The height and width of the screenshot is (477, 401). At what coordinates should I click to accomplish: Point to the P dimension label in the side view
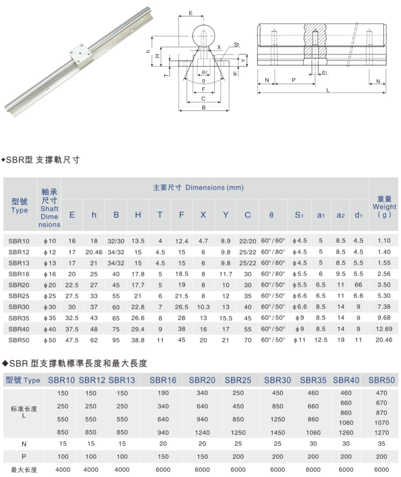click(293, 80)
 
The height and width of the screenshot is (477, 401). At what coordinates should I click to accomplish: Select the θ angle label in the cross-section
click(204, 81)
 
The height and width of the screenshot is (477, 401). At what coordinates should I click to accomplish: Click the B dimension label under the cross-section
click(204, 107)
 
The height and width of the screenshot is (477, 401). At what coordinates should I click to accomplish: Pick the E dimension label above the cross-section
click(192, 13)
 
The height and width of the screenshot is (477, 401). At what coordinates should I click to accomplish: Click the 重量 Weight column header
click(384, 206)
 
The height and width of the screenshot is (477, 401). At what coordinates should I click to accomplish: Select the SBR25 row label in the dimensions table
click(19, 296)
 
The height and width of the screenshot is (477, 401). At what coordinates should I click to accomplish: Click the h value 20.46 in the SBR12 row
click(94, 252)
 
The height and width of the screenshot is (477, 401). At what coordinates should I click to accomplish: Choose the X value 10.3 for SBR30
click(203, 307)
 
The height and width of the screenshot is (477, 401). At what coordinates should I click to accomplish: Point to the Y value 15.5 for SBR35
click(226, 318)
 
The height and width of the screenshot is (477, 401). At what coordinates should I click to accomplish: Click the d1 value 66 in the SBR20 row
click(358, 285)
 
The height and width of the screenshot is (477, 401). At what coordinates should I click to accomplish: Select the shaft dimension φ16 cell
click(49, 274)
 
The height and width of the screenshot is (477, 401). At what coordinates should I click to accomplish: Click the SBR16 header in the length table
click(163, 380)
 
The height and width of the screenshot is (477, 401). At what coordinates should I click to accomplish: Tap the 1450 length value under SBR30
click(277, 433)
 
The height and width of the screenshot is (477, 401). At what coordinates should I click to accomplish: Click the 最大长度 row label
click(24, 469)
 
